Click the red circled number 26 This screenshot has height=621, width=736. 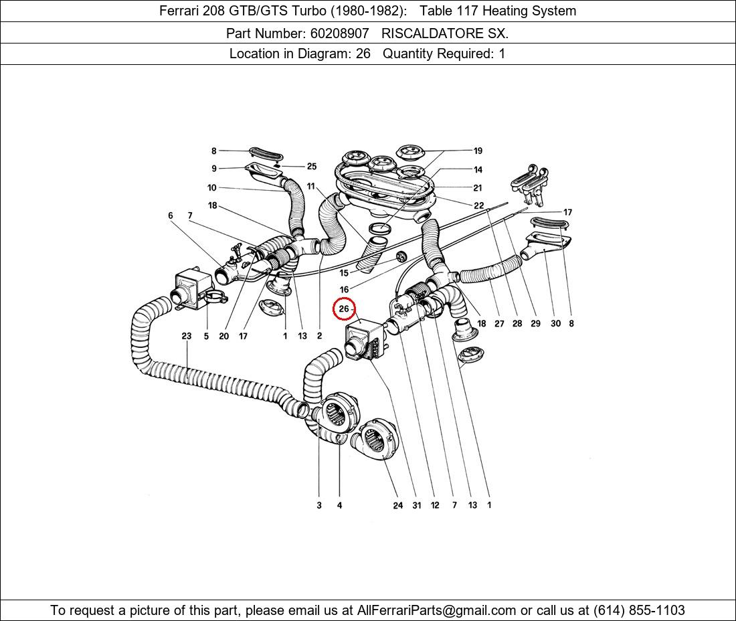[344, 308]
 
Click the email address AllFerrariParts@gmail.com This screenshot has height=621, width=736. [437, 610]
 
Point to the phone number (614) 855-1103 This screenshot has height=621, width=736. [638, 610]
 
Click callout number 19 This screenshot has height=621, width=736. [478, 151]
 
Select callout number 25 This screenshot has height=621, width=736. [312, 167]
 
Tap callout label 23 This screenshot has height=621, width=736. [187, 336]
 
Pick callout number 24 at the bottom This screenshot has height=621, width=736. [398, 505]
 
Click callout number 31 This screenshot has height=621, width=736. [417, 505]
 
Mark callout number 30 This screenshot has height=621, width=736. [555, 324]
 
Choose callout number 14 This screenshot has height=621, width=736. [478, 170]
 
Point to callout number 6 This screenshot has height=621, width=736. [171, 215]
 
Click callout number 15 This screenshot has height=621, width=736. [344, 273]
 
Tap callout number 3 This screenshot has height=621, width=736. [319, 505]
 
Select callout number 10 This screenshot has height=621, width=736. [212, 188]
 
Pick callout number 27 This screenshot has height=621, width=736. [499, 324]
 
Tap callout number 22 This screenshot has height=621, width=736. [478, 206]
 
